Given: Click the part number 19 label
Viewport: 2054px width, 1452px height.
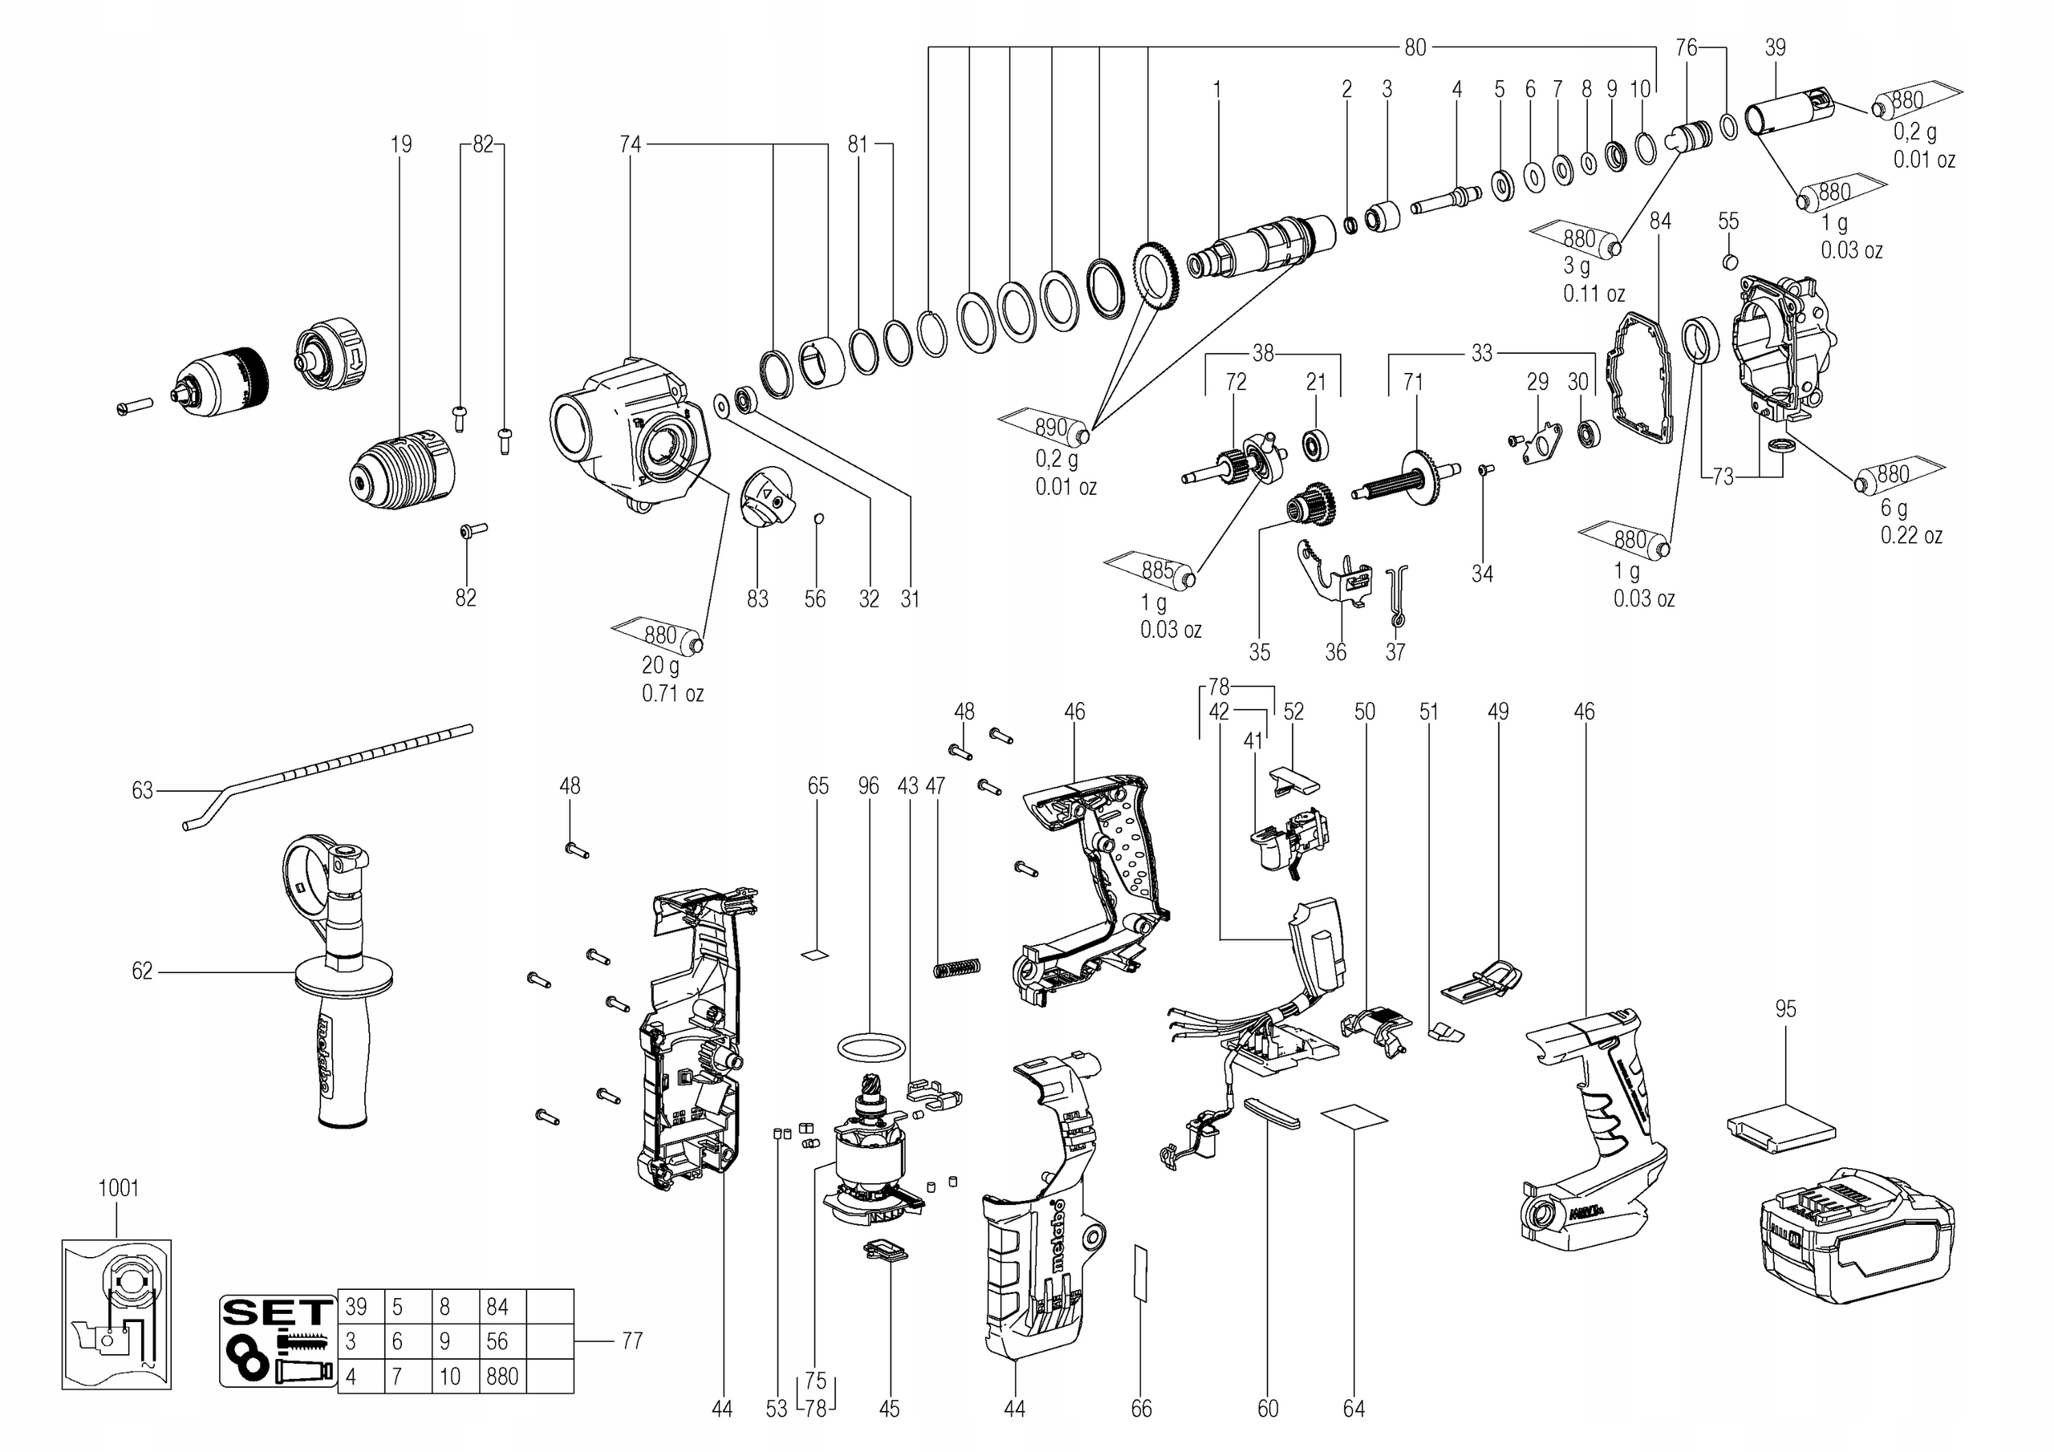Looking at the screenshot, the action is tap(401, 144).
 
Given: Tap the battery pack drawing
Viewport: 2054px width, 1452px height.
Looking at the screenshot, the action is tap(1857, 1235).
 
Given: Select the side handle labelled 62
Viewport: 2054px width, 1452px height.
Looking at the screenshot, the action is tap(336, 980).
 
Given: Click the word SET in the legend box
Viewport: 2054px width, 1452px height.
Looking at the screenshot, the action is tap(278, 1312).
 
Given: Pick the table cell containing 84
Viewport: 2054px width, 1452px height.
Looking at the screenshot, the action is tap(503, 1307).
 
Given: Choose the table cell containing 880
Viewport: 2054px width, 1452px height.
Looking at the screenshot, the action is tap(503, 1376).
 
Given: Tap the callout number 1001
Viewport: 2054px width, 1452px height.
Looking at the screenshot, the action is tap(118, 1188).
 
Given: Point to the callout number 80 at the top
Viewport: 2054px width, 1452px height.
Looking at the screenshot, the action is tap(1415, 47).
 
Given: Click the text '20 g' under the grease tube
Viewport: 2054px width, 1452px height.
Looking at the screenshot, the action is tap(660, 666).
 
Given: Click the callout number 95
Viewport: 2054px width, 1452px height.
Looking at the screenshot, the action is tap(1784, 1009).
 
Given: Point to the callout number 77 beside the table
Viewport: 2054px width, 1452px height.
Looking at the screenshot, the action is tap(631, 1340).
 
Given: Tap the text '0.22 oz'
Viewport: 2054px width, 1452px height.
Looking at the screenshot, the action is tap(1912, 536).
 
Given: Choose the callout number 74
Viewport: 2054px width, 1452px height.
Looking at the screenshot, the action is tap(631, 144).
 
